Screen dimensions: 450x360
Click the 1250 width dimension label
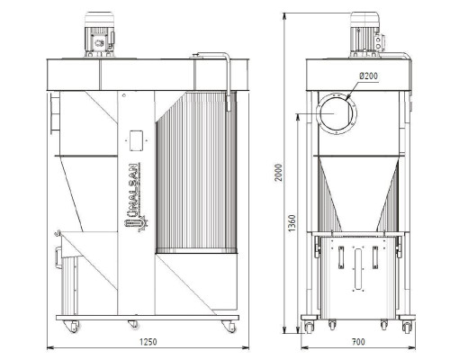click(148, 342)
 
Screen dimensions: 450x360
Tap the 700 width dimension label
click(358, 342)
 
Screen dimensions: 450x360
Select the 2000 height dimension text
click(279, 172)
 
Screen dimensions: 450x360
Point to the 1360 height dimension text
click(292, 223)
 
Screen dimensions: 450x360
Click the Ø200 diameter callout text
click(369, 76)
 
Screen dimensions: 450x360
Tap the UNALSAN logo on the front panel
click(137, 197)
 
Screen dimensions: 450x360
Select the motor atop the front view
click(99, 34)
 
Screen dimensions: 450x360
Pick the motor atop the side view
click(366, 34)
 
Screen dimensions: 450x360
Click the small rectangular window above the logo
click(136, 140)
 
